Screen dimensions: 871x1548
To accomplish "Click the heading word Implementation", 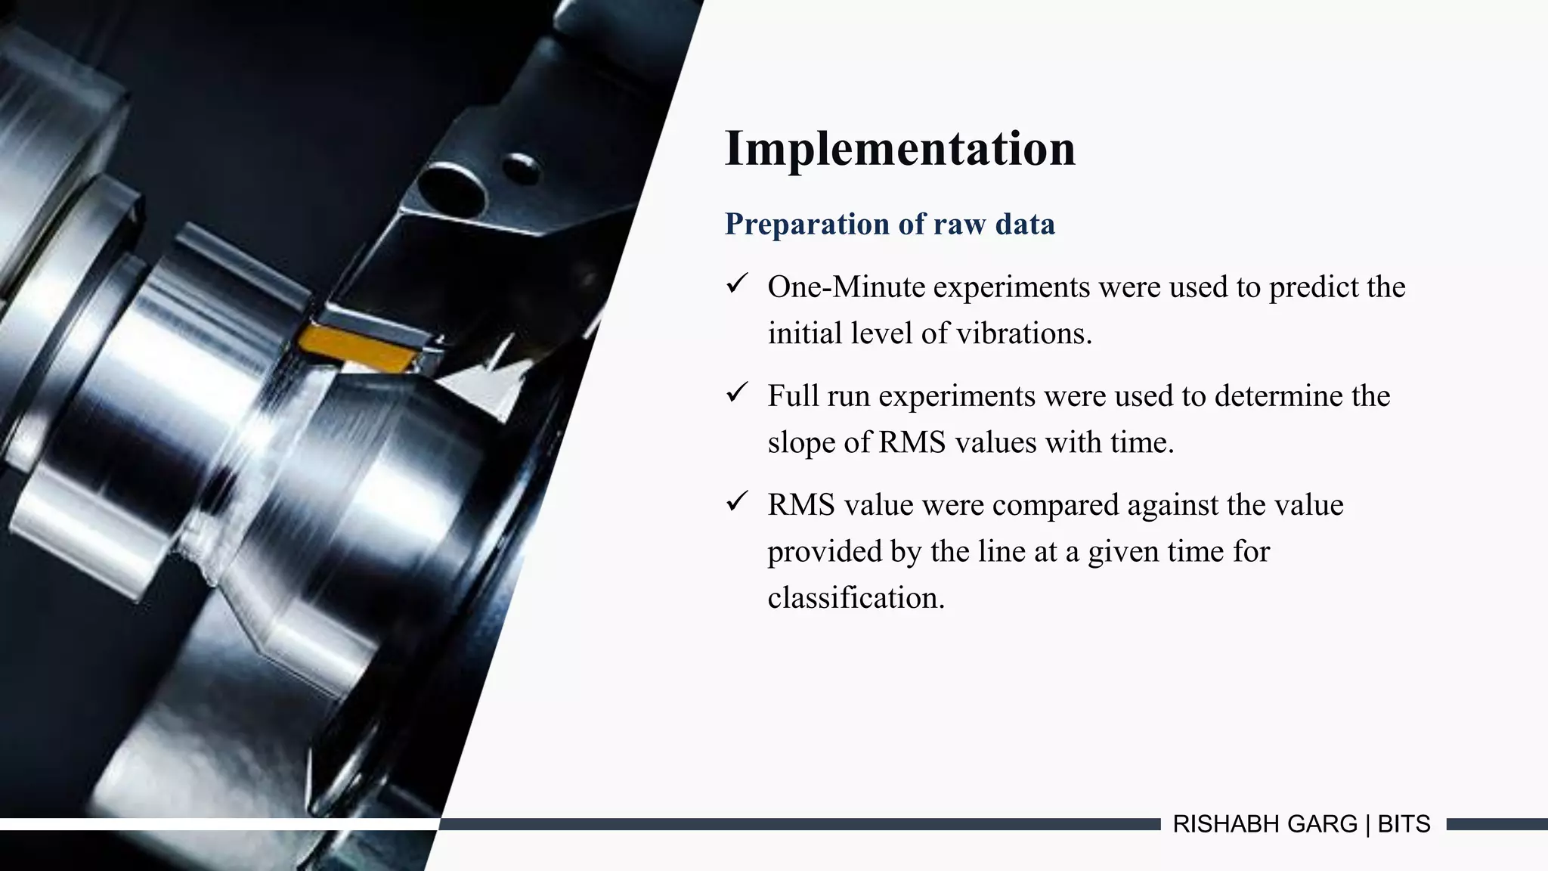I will (899, 148).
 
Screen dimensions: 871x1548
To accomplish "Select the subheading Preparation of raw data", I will (890, 225).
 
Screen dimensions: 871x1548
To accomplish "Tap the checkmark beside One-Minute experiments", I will (736, 284).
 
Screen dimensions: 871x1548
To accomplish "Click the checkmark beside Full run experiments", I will (736, 393).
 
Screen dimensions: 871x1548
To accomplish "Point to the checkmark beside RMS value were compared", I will (736, 502).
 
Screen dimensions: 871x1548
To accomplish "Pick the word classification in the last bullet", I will (856, 598).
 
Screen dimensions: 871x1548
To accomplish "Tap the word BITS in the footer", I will (1404, 824).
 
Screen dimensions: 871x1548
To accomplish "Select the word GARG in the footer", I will (1322, 824).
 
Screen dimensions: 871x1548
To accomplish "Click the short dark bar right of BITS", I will (1497, 824).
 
